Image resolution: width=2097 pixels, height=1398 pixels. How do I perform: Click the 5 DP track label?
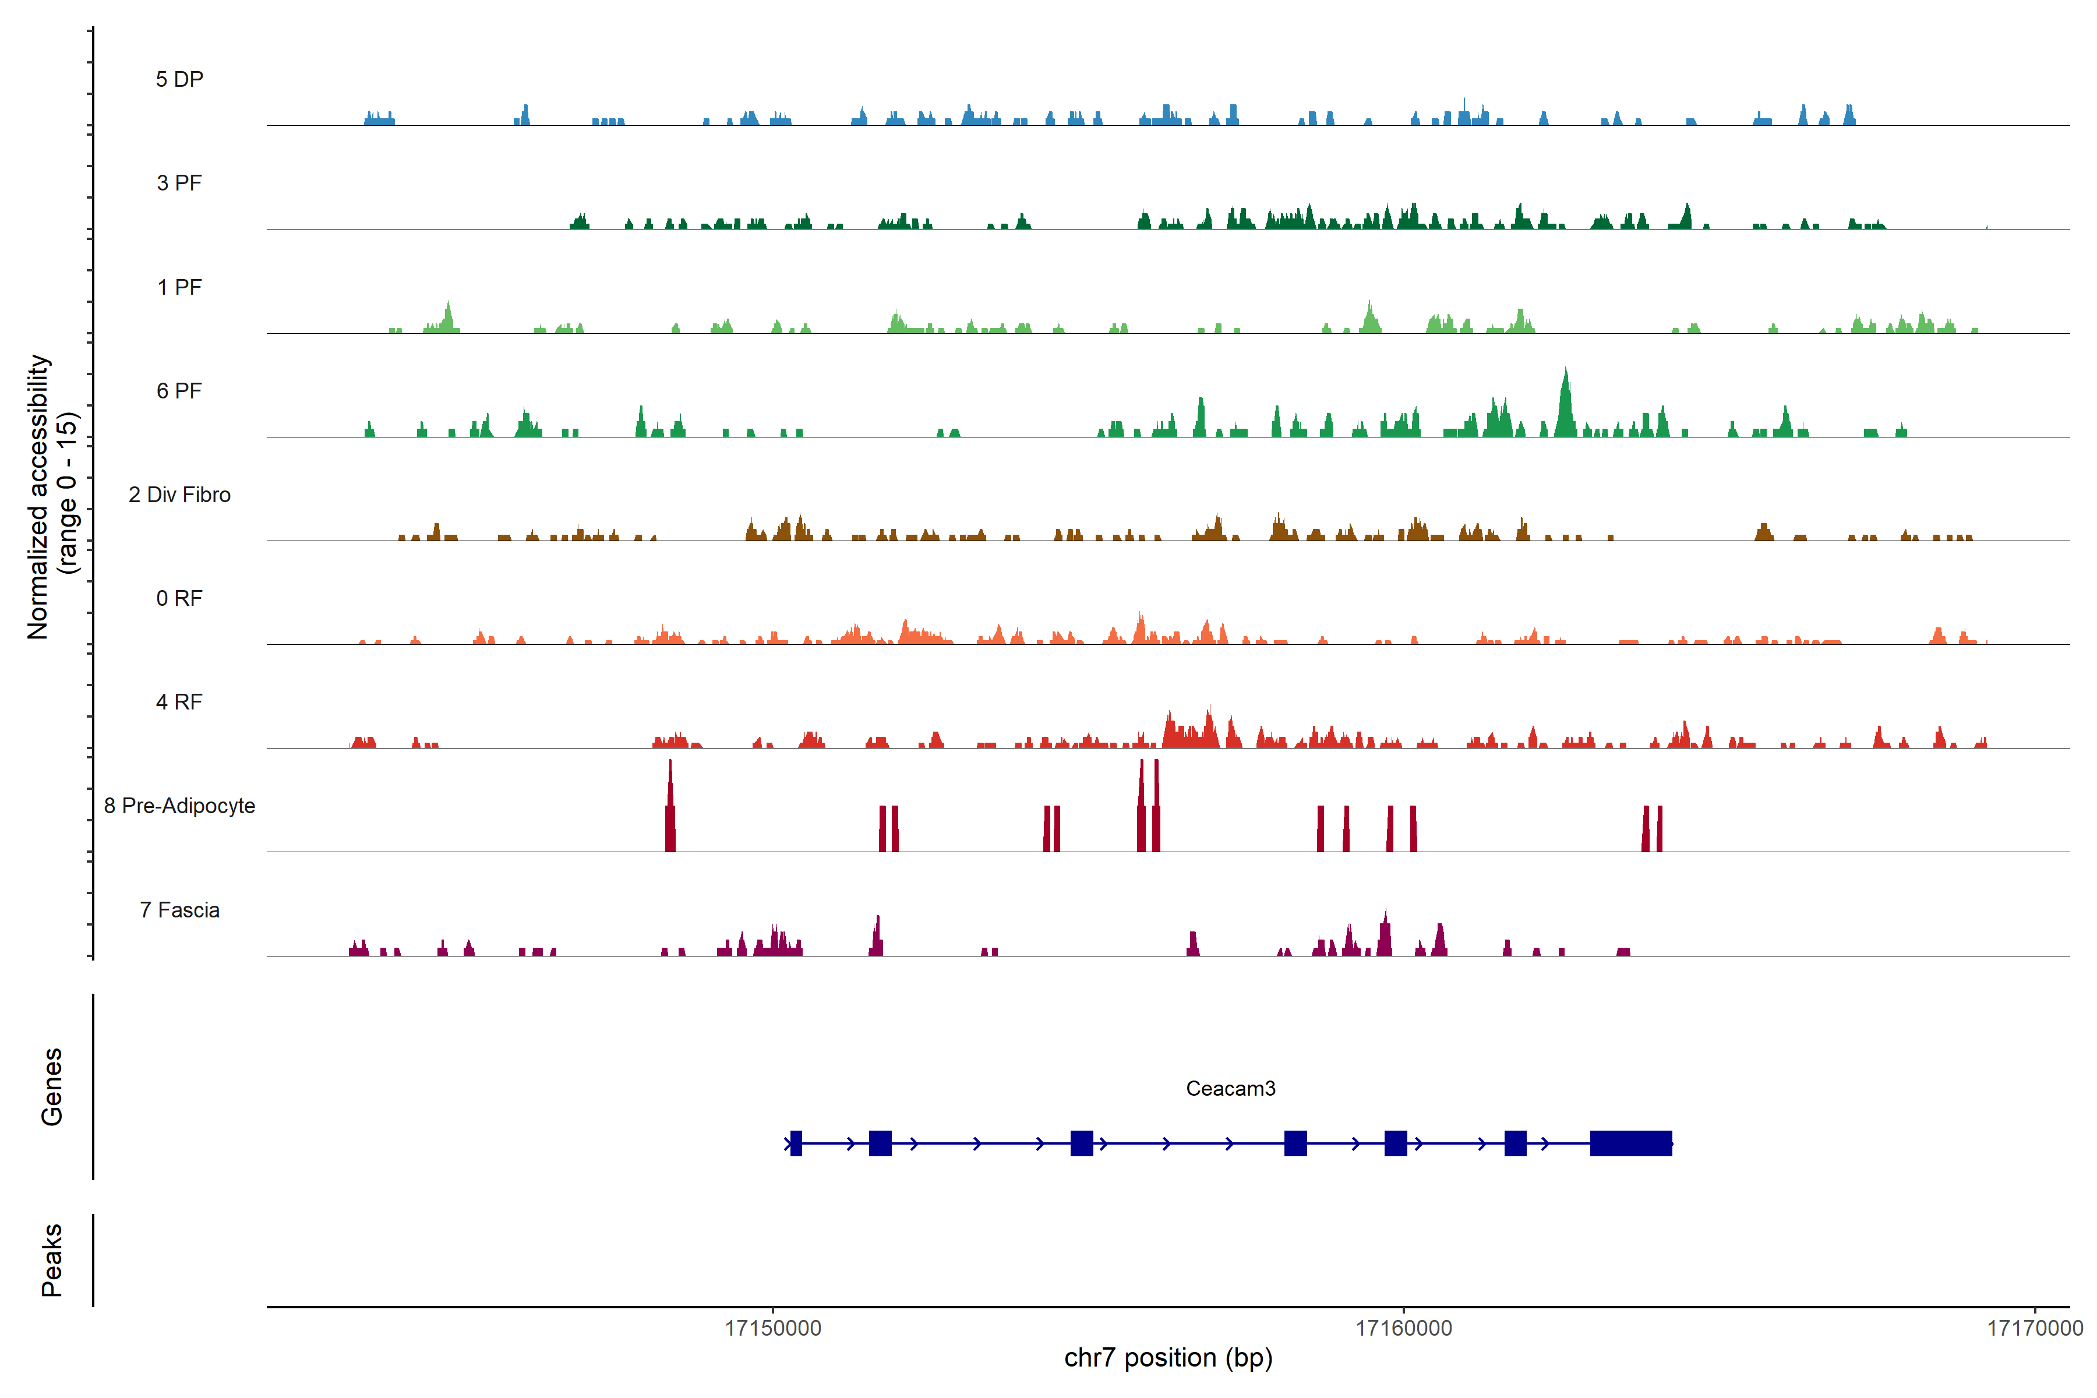pyautogui.click(x=179, y=79)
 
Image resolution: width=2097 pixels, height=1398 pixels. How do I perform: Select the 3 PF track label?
pyautogui.click(x=179, y=183)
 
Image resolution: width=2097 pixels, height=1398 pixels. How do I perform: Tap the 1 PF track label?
pyautogui.click(x=179, y=287)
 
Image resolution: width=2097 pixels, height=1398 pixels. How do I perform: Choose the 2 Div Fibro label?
pyautogui.click(x=179, y=495)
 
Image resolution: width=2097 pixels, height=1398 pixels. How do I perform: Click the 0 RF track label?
pyautogui.click(x=179, y=598)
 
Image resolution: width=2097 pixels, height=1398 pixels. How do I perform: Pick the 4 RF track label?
pyautogui.click(x=179, y=702)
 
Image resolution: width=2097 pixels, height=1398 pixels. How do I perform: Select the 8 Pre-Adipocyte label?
pyautogui.click(x=179, y=806)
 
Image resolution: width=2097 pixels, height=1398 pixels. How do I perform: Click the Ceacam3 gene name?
pyautogui.click(x=1230, y=1089)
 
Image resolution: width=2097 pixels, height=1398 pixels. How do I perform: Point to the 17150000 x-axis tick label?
pyautogui.click(x=773, y=1329)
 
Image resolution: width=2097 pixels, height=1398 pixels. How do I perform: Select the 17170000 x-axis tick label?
pyautogui.click(x=2035, y=1329)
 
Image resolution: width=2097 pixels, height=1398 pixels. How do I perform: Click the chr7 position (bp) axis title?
pyautogui.click(x=1168, y=1358)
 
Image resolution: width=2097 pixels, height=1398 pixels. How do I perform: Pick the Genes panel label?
pyautogui.click(x=52, y=1087)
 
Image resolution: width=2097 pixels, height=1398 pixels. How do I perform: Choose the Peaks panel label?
pyautogui.click(x=52, y=1260)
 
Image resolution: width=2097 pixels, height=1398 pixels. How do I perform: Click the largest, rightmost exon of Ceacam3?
pyautogui.click(x=1630, y=1143)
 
